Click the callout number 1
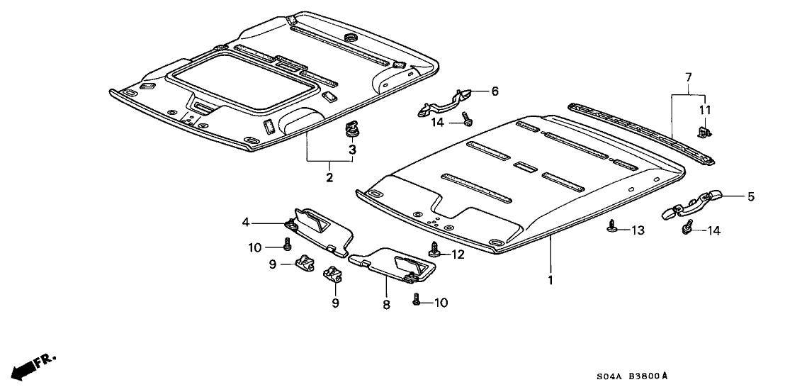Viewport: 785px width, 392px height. (550, 281)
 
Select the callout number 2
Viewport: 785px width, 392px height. (329, 177)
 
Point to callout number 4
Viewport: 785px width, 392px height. (245, 223)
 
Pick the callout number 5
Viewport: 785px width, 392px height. (751, 197)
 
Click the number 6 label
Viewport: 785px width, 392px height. (495, 91)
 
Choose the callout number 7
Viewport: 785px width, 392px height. (687, 76)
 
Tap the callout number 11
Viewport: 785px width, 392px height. (704, 110)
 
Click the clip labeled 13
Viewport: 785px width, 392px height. (611, 227)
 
